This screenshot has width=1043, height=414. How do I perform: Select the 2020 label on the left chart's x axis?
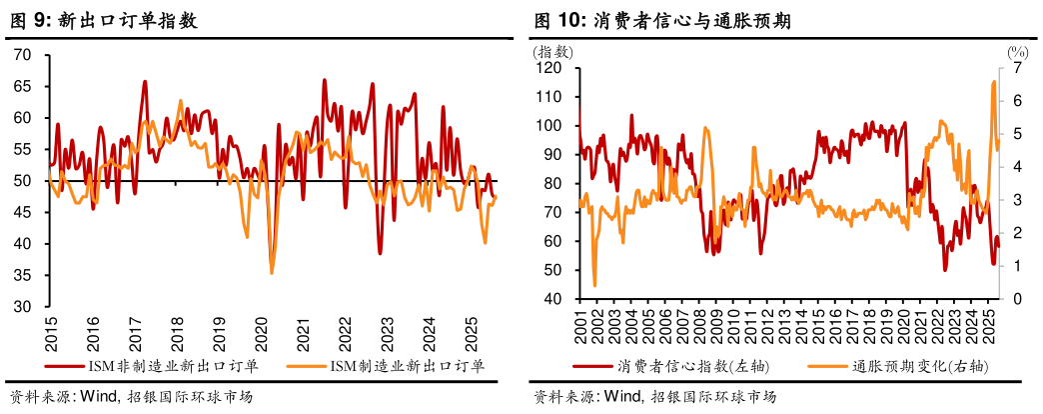point(261,334)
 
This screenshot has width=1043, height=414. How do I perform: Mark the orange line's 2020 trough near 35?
point(272,273)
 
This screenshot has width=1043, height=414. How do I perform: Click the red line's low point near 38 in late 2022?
point(380,253)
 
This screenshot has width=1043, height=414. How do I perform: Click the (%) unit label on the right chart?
point(1016,51)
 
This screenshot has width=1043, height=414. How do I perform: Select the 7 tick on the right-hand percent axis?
point(1014,68)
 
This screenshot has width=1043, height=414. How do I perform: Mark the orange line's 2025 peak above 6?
point(993,83)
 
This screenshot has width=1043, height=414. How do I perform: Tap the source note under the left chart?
point(130,397)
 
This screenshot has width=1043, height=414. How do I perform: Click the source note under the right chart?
point(654,397)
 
